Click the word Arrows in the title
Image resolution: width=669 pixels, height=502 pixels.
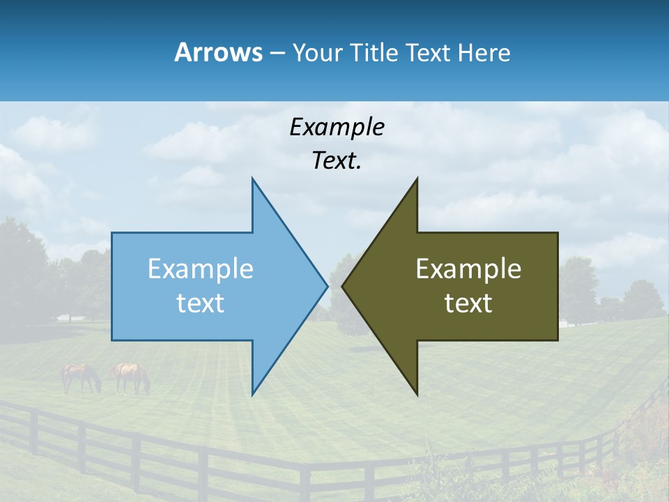[218, 52]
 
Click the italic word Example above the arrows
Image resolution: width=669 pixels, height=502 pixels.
[337, 128]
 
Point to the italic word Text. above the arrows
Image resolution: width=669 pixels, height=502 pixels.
[337, 161]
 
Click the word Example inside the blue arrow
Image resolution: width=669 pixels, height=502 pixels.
[201, 269]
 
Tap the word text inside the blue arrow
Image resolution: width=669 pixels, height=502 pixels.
[201, 303]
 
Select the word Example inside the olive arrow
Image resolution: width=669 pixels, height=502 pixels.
[468, 269]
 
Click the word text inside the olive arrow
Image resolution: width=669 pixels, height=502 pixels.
[468, 303]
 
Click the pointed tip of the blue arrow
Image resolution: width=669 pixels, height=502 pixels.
[326, 286]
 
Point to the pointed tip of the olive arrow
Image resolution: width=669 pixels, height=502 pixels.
[344, 286]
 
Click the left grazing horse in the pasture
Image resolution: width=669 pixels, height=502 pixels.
[81, 377]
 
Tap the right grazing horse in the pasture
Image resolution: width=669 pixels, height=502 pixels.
[132, 377]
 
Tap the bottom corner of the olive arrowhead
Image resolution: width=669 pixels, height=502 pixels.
[417, 394]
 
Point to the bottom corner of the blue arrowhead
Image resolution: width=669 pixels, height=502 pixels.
[253, 394]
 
